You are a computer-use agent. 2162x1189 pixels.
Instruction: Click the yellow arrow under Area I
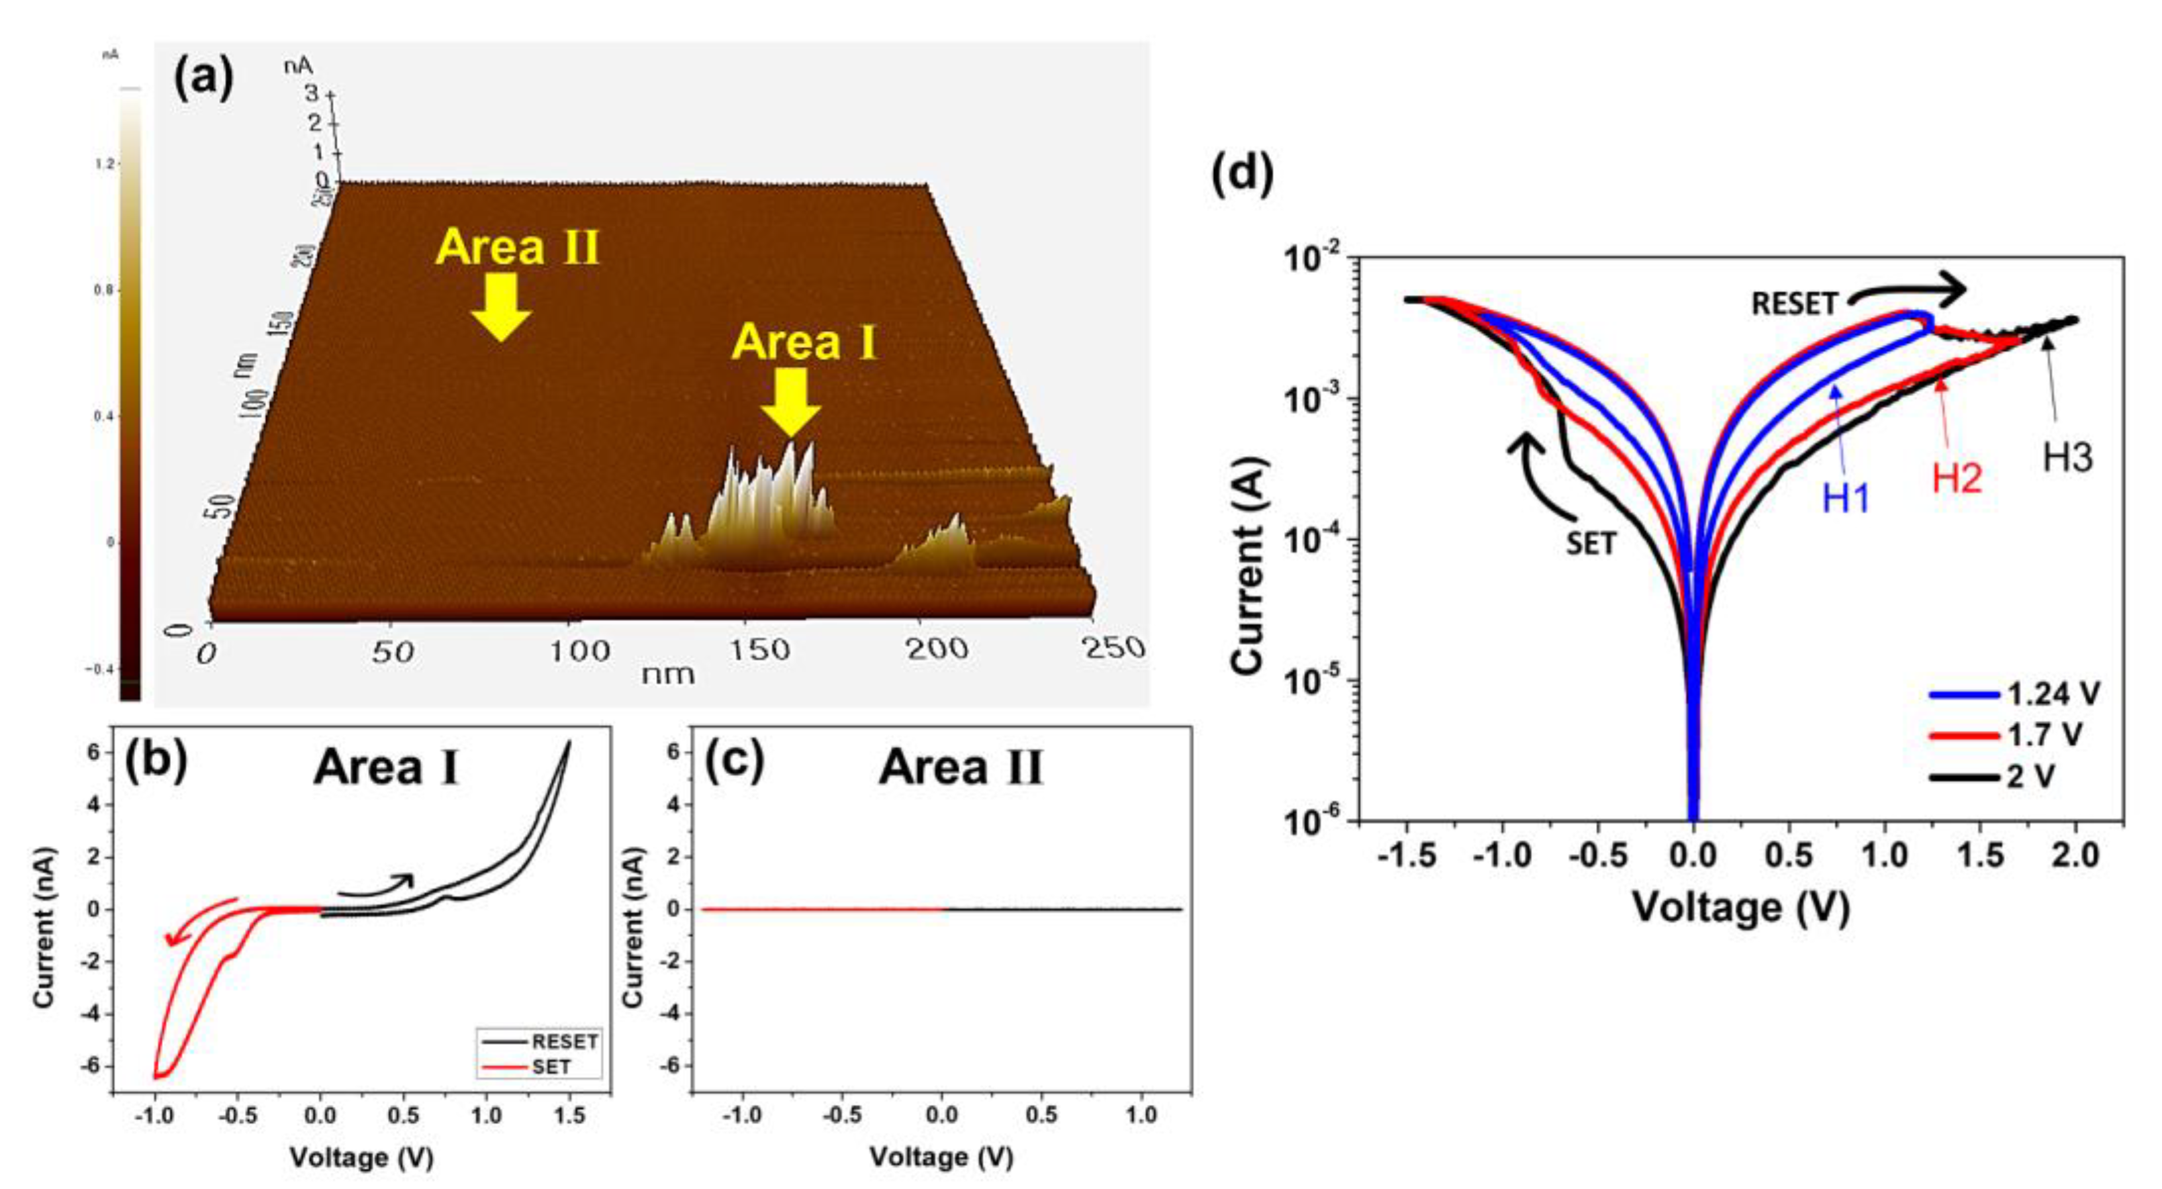pos(790,403)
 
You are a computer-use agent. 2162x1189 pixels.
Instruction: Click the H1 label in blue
pos(1846,499)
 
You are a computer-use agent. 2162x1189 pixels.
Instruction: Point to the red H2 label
pos(1957,478)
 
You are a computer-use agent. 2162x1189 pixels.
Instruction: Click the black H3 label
pos(2067,458)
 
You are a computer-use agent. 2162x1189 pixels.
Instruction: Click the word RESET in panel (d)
pos(1793,304)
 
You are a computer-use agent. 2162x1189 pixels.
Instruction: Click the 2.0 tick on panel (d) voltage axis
pos(2075,856)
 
